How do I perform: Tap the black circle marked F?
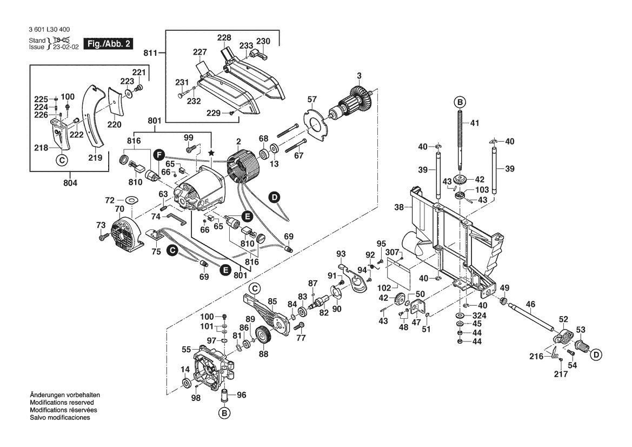(158, 154)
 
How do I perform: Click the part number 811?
(150, 52)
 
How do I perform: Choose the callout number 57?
(312, 99)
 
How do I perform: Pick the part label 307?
(392, 252)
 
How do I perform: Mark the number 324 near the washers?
(479, 315)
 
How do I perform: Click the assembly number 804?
(70, 183)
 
